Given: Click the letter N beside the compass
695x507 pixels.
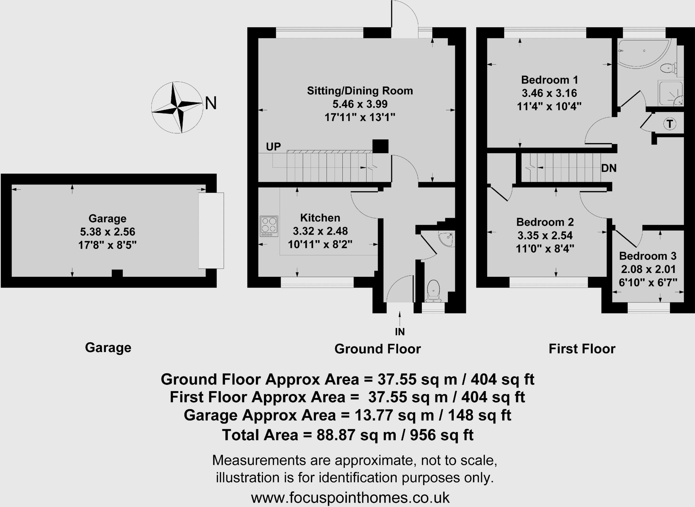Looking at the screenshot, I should click(x=211, y=103).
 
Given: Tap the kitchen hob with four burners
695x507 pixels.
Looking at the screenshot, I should click(x=269, y=226).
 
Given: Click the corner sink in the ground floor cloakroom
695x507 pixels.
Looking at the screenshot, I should click(x=446, y=239).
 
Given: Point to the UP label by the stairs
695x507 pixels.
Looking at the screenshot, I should click(x=273, y=147).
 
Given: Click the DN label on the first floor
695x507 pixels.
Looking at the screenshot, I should click(x=608, y=168).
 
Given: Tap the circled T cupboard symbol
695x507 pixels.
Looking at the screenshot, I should click(x=670, y=124).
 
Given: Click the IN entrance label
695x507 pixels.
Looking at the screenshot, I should click(x=400, y=331).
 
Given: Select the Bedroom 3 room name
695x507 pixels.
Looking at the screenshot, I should click(x=647, y=256).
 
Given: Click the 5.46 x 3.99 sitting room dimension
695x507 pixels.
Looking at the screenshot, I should click(x=360, y=104).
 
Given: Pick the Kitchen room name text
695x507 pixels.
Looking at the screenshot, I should click(x=320, y=218).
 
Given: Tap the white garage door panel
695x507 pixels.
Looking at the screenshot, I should click(x=211, y=231).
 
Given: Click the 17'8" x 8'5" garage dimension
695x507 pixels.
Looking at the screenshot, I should click(x=107, y=245).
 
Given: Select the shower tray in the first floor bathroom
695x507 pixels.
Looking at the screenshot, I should click(x=670, y=93).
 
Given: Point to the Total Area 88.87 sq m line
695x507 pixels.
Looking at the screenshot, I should click(x=347, y=435).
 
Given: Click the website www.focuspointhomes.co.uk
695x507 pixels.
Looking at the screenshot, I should click(x=350, y=498).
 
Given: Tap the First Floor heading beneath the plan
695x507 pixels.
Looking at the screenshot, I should click(x=582, y=349).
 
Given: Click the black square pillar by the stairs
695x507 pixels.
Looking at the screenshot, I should click(x=380, y=146).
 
